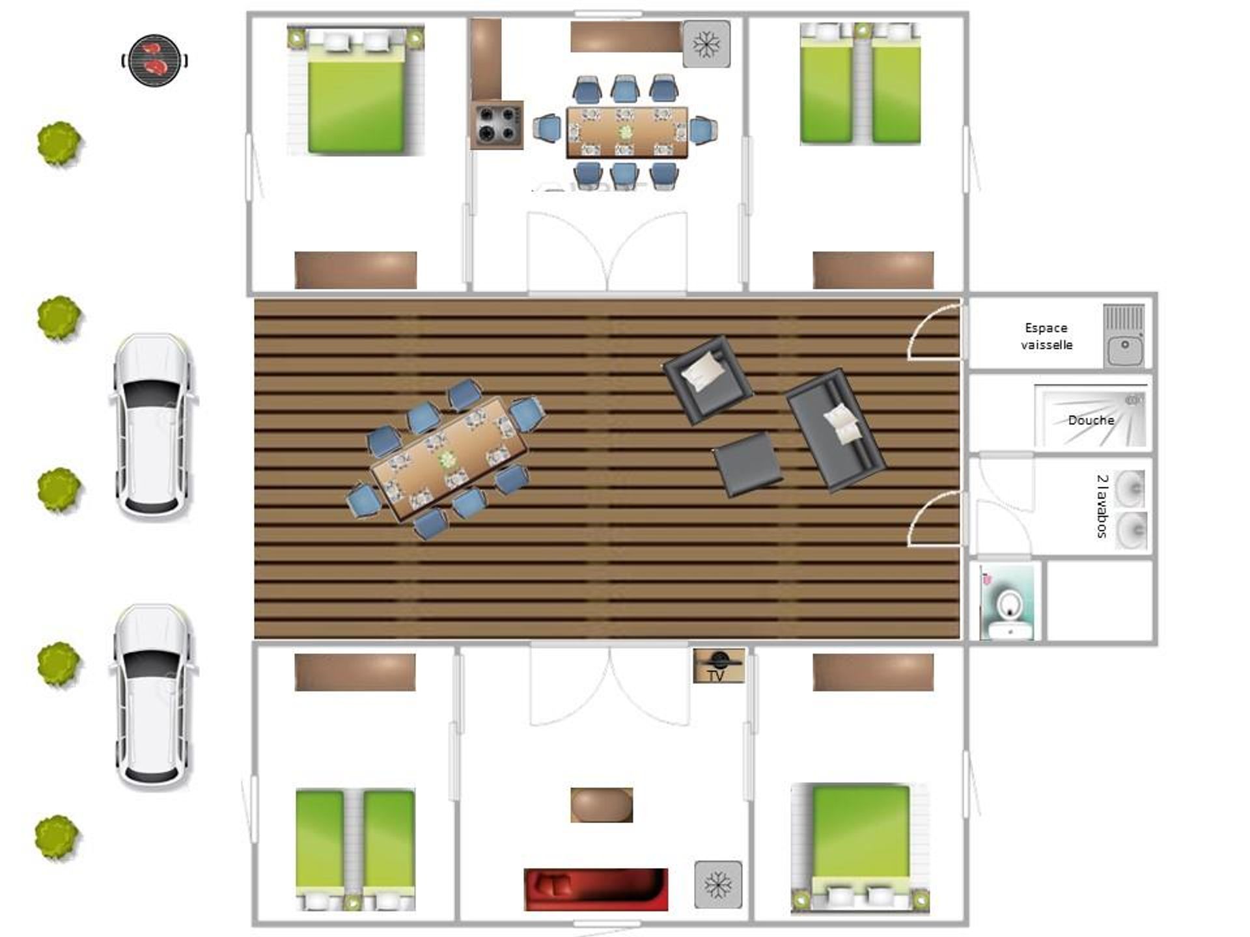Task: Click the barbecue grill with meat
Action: click(x=154, y=61)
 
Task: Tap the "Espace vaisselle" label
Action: click(x=1046, y=336)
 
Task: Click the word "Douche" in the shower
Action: click(x=1091, y=420)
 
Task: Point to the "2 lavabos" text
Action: click(x=1102, y=506)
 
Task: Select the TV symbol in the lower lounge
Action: click(x=719, y=666)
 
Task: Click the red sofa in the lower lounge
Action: click(x=596, y=889)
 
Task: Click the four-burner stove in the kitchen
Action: click(x=497, y=125)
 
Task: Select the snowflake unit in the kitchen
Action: click(x=706, y=44)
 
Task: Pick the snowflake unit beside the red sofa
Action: click(x=718, y=884)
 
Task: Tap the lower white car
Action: click(x=154, y=697)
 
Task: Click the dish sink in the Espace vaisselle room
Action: click(x=1124, y=336)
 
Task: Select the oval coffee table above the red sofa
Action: click(x=602, y=805)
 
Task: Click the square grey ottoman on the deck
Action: click(x=747, y=465)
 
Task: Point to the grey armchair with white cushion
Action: click(x=708, y=379)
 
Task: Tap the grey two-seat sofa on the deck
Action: click(x=835, y=430)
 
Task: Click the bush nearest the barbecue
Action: click(x=59, y=144)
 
